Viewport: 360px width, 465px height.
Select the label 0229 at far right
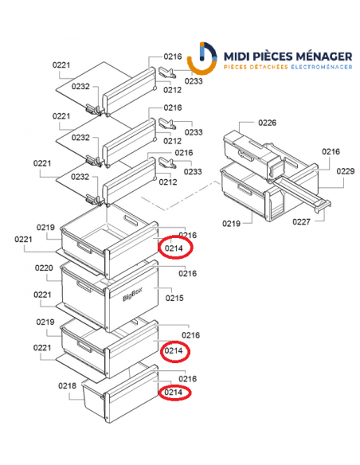click(345, 171)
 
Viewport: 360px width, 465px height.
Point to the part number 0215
click(174, 298)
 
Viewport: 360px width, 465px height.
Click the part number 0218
click(67, 386)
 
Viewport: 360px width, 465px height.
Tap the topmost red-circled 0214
click(174, 249)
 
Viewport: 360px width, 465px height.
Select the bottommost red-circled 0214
click(174, 392)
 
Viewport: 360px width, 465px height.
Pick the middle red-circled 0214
click(174, 350)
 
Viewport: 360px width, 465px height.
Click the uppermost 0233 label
click(194, 80)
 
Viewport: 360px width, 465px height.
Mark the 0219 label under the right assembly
click(231, 224)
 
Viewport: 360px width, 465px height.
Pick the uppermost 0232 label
click(81, 86)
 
